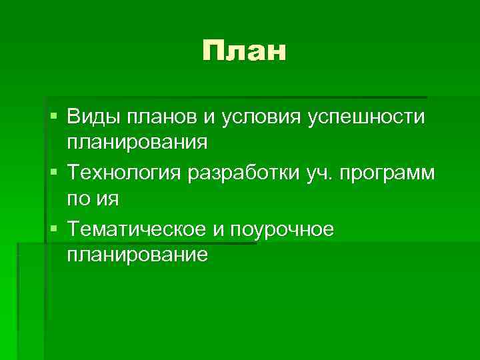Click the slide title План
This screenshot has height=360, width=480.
pyautogui.click(x=245, y=51)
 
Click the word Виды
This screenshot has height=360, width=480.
pyautogui.click(x=93, y=117)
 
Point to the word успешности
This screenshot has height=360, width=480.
pyautogui.click(x=367, y=117)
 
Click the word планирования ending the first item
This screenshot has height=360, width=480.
pyautogui.click(x=137, y=142)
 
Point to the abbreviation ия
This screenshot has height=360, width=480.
pyautogui.click(x=109, y=198)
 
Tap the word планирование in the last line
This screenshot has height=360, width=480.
pyautogui.click(x=137, y=254)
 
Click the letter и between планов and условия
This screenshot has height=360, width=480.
pyautogui.click(x=209, y=118)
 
